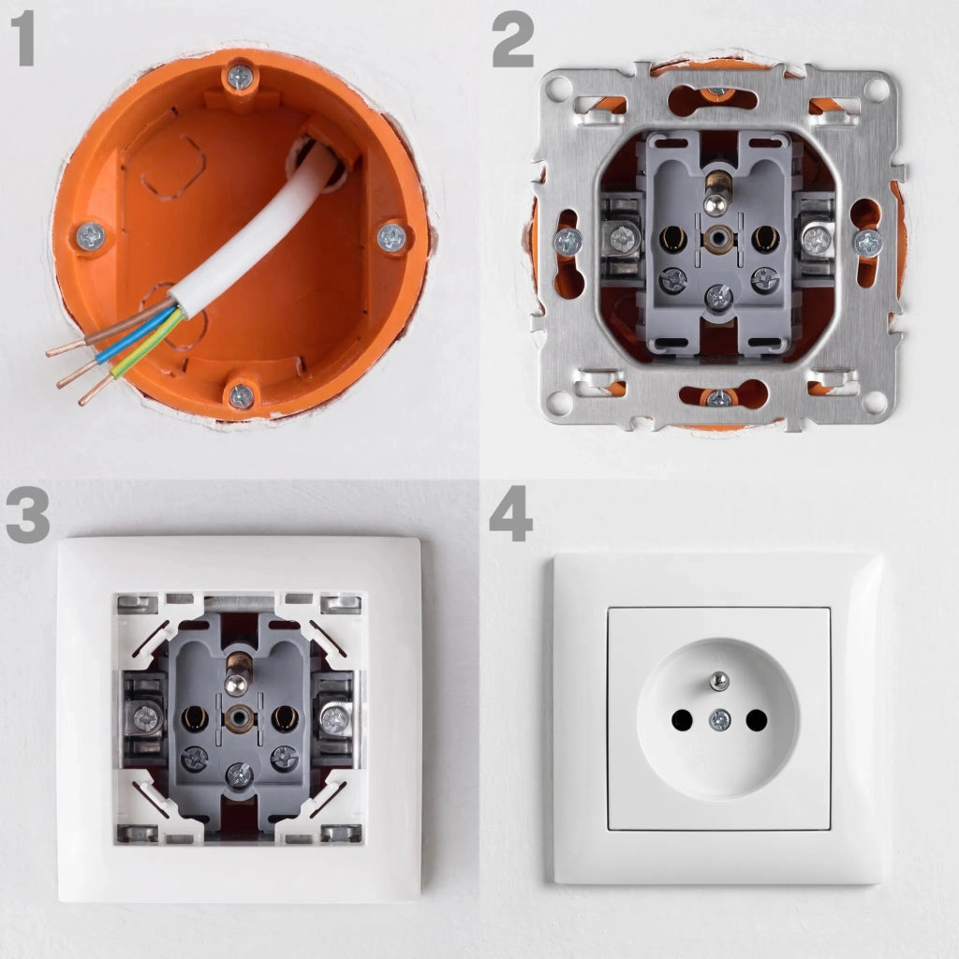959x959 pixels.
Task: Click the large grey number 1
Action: (23, 39)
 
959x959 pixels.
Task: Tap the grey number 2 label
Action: (512, 39)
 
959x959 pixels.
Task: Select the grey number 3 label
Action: (27, 515)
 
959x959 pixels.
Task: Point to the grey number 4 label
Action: (510, 514)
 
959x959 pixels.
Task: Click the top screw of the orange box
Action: (241, 77)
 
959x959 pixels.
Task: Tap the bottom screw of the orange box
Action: (241, 396)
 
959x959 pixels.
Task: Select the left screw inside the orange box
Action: (91, 235)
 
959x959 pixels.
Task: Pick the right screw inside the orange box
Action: (391, 237)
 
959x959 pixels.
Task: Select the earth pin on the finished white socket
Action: (718, 680)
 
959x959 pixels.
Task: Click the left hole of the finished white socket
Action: (682, 720)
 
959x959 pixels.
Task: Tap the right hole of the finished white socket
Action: (757, 720)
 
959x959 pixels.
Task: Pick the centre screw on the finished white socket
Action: (720, 720)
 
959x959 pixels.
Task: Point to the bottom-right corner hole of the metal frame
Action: (876, 402)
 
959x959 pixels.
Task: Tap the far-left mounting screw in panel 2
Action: (568, 243)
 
